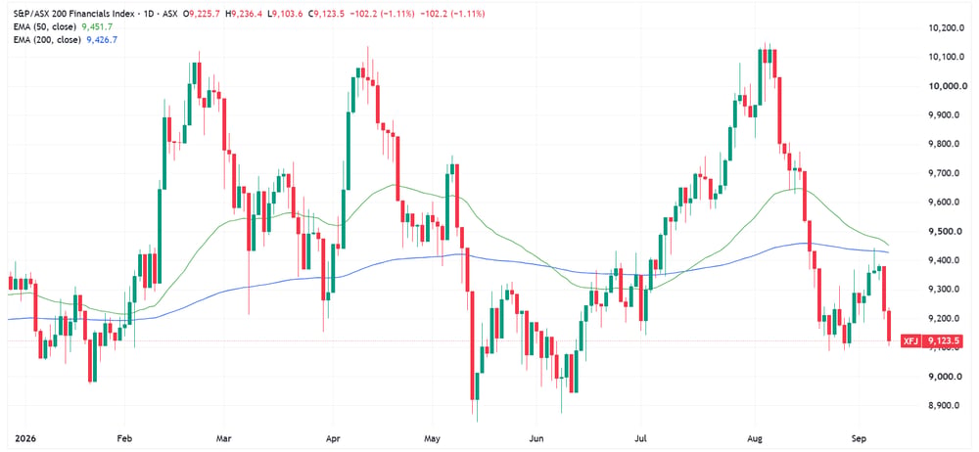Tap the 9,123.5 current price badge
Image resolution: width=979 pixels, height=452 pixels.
(943, 340)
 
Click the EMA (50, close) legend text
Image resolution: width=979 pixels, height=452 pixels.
(40, 26)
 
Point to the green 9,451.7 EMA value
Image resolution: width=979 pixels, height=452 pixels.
(97, 26)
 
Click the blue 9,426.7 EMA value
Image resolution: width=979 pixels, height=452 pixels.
(101, 39)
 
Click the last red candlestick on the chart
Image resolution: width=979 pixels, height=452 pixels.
(889, 326)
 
